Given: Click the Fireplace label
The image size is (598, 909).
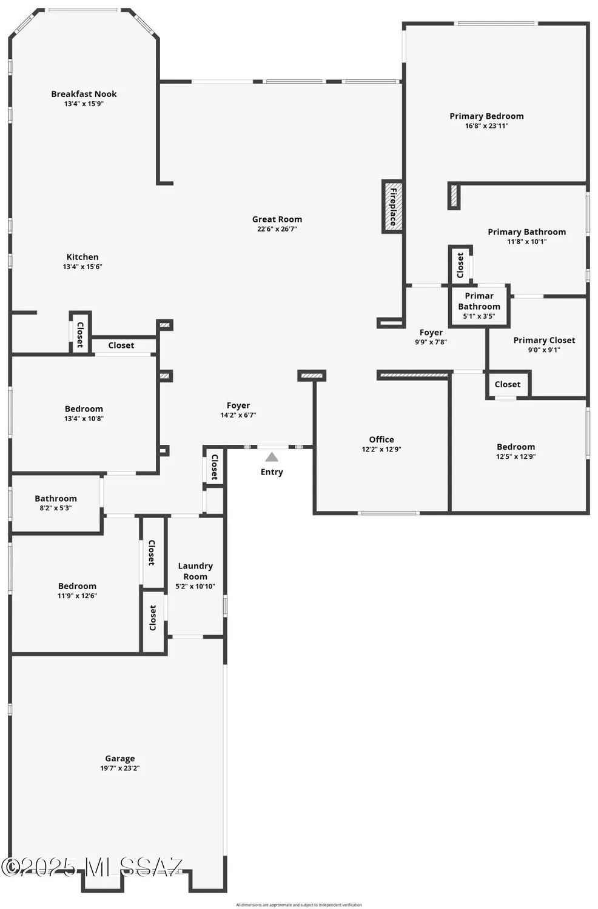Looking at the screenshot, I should coord(393,207).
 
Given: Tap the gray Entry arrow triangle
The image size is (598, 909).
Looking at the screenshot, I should coord(272,457).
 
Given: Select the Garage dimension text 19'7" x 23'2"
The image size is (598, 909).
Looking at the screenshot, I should coord(120,768).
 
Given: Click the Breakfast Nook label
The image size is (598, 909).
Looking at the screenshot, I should coord(84,94).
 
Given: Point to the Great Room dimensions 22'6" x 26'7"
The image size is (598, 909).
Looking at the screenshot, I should coord(277,229).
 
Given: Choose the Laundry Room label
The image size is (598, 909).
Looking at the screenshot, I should coord(195,571).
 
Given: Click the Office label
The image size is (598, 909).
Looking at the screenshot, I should coord(381,439).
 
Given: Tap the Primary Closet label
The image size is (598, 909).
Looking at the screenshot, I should coord(544,340).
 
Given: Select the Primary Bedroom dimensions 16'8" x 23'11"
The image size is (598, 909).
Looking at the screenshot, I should coord(486,126).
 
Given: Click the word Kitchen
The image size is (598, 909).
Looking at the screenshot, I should coord(82,257).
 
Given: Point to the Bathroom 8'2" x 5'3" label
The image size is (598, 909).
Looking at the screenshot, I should coord(56,499).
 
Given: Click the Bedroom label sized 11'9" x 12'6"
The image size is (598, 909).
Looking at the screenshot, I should coord(77,586).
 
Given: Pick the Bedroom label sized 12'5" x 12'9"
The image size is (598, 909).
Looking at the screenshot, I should coord(516,447).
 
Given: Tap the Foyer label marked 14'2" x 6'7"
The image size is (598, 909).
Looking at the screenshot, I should coord(238,405).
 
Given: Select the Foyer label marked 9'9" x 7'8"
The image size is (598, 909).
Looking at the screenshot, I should coord(431,332).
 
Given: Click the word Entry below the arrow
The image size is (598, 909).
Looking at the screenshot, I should coord(272,472).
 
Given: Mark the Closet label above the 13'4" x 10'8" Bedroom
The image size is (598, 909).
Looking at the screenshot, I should coord(121,345).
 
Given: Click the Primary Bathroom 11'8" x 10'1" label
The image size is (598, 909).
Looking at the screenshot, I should coord(526,231).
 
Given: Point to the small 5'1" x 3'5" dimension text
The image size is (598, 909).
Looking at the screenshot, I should coord(479,316).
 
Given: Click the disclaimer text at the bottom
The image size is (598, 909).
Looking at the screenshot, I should coord(299,905).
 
